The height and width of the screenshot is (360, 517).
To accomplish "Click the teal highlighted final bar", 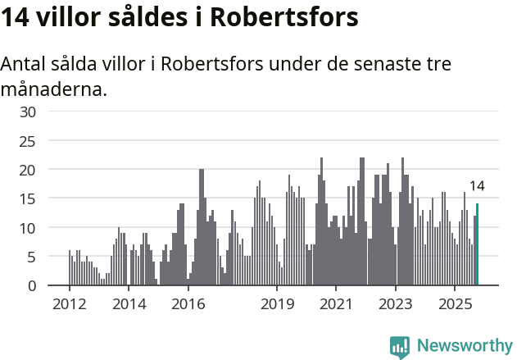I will click(477, 245).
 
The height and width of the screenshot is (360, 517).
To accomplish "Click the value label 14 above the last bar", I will click(476, 186).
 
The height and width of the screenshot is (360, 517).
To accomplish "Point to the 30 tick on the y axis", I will click(27, 112).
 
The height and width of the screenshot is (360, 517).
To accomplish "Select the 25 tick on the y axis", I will click(27, 141).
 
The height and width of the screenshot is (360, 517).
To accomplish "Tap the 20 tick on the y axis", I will click(27, 170).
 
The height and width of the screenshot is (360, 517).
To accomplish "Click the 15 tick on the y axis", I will click(27, 198).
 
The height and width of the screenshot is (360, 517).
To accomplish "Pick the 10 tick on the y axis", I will click(27, 228).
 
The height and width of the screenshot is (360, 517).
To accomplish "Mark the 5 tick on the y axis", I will click(31, 257).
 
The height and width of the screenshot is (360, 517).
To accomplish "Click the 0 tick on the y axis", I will click(31, 285).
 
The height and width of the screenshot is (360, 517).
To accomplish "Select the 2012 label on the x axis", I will click(70, 304).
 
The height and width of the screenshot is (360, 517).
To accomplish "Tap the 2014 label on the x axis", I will click(129, 304).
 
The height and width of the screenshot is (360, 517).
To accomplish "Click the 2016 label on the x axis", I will click(188, 304).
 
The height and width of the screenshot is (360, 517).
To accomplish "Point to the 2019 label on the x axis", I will click(277, 304).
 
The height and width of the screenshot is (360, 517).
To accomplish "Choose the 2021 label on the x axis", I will click(336, 304).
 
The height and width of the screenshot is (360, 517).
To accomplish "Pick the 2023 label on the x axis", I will click(396, 304).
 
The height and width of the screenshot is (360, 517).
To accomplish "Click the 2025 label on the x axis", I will click(455, 304).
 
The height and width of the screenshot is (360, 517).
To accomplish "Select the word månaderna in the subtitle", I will click(53, 89).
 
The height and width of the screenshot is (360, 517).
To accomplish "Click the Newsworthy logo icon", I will click(400, 347).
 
